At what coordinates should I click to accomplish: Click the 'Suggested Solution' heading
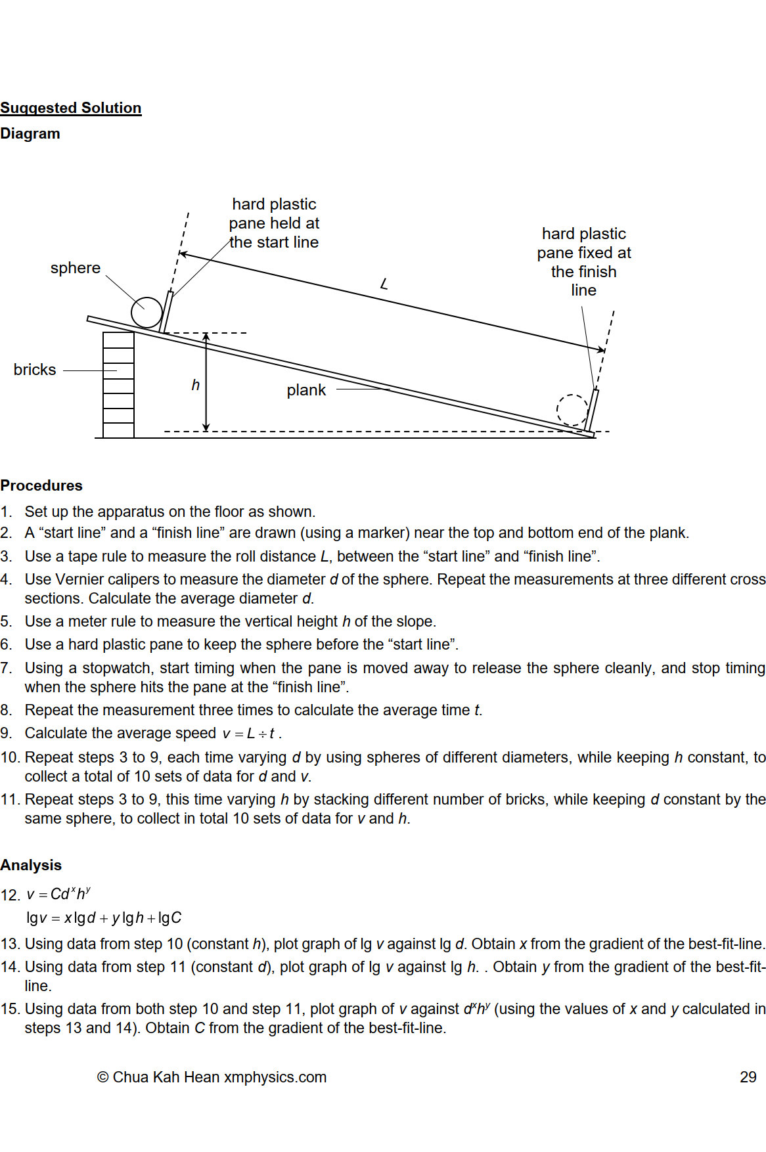(71, 108)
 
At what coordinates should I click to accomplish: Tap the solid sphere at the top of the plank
(146, 312)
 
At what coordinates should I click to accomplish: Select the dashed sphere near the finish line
(572, 410)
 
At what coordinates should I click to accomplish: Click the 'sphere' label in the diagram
(76, 268)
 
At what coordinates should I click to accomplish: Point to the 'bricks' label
(35, 370)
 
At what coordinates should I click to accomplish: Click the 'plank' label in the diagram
(306, 390)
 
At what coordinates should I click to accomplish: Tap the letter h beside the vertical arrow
(195, 385)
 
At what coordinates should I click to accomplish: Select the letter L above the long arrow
(384, 284)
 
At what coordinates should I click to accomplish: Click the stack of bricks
(119, 385)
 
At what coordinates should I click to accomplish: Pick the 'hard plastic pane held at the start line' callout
(274, 223)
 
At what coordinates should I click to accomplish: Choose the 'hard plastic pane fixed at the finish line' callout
(583, 262)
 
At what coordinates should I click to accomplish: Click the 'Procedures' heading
(41, 485)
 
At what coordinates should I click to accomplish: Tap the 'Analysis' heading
(31, 865)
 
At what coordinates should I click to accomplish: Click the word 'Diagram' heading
(30, 133)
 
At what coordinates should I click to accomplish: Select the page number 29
(748, 1077)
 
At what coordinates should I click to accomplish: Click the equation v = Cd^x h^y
(58, 894)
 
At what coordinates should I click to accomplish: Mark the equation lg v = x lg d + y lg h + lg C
(104, 918)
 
